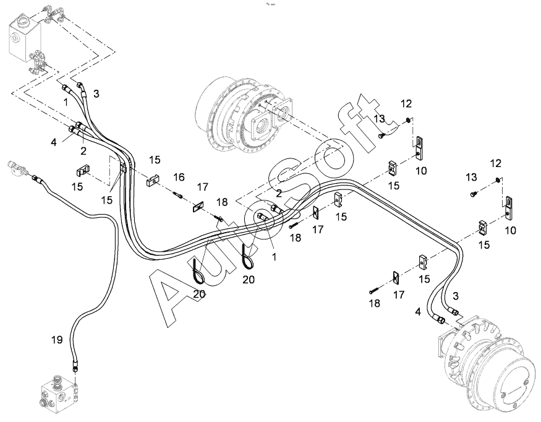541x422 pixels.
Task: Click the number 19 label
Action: (x=57, y=340)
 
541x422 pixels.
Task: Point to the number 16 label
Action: (x=179, y=177)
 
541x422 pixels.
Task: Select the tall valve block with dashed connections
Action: (x=24, y=37)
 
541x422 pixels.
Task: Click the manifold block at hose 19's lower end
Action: (x=58, y=394)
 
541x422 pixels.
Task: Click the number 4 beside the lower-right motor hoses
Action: (x=418, y=312)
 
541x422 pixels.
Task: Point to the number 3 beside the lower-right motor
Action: (x=456, y=296)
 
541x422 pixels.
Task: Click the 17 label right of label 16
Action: (x=203, y=187)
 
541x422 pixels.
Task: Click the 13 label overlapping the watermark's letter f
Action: (x=379, y=119)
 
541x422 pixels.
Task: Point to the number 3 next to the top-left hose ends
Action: (x=96, y=93)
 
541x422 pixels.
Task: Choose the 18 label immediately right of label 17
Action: (x=222, y=202)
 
